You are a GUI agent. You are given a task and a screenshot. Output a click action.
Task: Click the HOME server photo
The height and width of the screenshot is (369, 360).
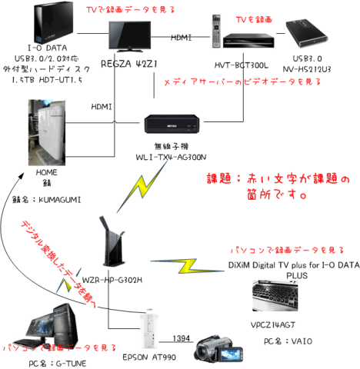tap(27, 133)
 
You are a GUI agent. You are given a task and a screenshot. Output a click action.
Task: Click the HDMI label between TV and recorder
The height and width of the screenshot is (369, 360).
tap(182, 37)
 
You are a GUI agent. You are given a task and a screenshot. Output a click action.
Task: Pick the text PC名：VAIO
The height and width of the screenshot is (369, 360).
tap(285, 339)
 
